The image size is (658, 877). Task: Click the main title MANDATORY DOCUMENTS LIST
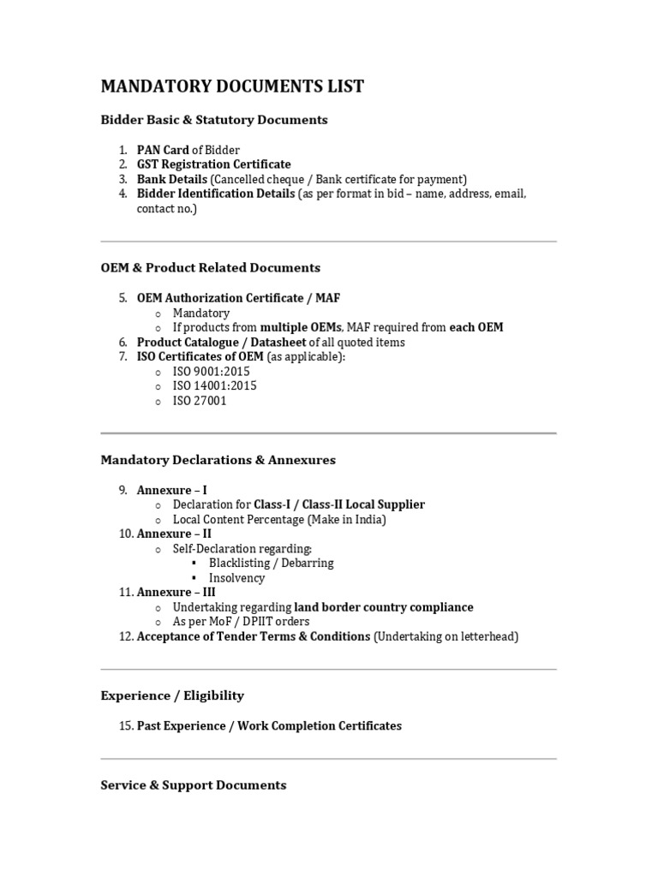232,87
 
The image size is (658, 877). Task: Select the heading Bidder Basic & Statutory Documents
214,120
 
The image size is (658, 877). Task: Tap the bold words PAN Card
163,150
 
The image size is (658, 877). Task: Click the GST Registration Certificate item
213,164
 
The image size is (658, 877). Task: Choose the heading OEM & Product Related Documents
211,268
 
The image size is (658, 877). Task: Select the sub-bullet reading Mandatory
201,313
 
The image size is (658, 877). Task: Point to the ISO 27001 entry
200,401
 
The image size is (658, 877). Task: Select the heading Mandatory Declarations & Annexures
218,460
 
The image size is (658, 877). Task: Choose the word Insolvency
237,578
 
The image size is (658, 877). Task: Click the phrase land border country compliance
384,607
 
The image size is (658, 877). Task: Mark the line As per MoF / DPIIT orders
242,622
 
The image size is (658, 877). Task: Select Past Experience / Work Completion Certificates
269,725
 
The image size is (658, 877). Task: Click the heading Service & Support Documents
194,785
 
